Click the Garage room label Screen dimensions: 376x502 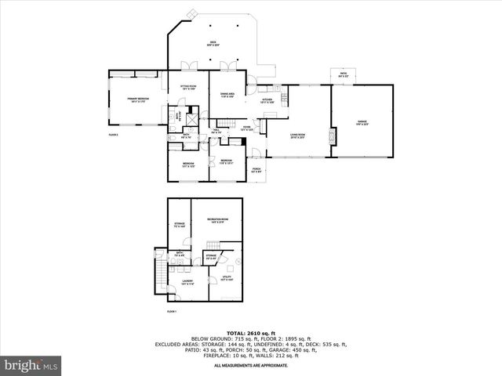pos(362,122)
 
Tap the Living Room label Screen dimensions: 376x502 pos(297,136)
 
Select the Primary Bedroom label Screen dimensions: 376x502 pos(138,99)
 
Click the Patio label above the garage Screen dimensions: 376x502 pos(343,74)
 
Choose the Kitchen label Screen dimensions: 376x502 pos(267,101)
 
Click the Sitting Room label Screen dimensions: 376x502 pos(188,87)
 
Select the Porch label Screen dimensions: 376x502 pos(256,170)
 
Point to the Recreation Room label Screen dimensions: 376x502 pos(217,220)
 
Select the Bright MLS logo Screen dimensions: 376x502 pos(31,365)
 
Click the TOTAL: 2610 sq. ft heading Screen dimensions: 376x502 pos(251,333)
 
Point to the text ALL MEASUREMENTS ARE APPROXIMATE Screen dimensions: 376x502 pos(251,365)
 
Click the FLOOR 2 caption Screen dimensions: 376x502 pos(114,136)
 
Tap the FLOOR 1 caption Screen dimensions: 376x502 pos(171,312)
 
